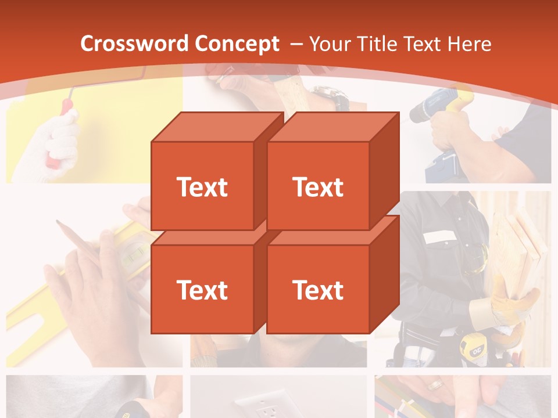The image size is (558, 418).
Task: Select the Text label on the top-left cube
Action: tap(202, 187)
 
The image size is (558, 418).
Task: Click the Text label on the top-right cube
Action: tap(317, 187)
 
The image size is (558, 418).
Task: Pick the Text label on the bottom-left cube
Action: tap(202, 290)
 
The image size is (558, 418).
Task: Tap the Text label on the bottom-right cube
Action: tap(317, 290)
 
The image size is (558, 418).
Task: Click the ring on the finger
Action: tap(435, 384)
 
